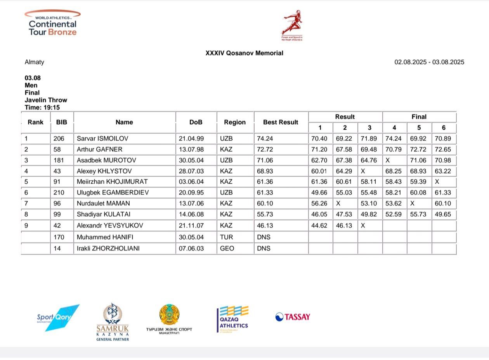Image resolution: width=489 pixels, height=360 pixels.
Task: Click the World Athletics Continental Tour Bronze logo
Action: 52,23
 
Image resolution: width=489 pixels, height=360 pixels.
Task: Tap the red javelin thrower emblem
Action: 292,24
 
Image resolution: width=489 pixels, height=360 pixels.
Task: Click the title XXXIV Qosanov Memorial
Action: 244,53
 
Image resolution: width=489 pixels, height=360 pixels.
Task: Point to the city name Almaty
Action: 35,62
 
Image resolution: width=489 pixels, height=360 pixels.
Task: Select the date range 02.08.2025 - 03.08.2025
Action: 429,62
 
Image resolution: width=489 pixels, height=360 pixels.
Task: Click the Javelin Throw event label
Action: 46,100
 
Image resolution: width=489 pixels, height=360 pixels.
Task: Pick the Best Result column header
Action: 281,122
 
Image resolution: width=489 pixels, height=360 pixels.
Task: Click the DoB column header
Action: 196,122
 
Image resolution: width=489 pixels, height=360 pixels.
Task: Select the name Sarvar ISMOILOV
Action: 102,139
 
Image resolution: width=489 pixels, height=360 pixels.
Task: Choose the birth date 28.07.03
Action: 190,171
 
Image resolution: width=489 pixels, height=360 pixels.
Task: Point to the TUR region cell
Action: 227,237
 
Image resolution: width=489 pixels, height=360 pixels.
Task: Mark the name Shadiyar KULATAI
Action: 103,215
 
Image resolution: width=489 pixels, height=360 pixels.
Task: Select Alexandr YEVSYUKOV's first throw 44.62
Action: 319,226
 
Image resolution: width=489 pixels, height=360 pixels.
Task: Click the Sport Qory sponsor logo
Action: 58,318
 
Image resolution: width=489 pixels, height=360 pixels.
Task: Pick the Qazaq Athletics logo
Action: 233,320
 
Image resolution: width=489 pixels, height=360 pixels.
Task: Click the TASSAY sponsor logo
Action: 293,317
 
